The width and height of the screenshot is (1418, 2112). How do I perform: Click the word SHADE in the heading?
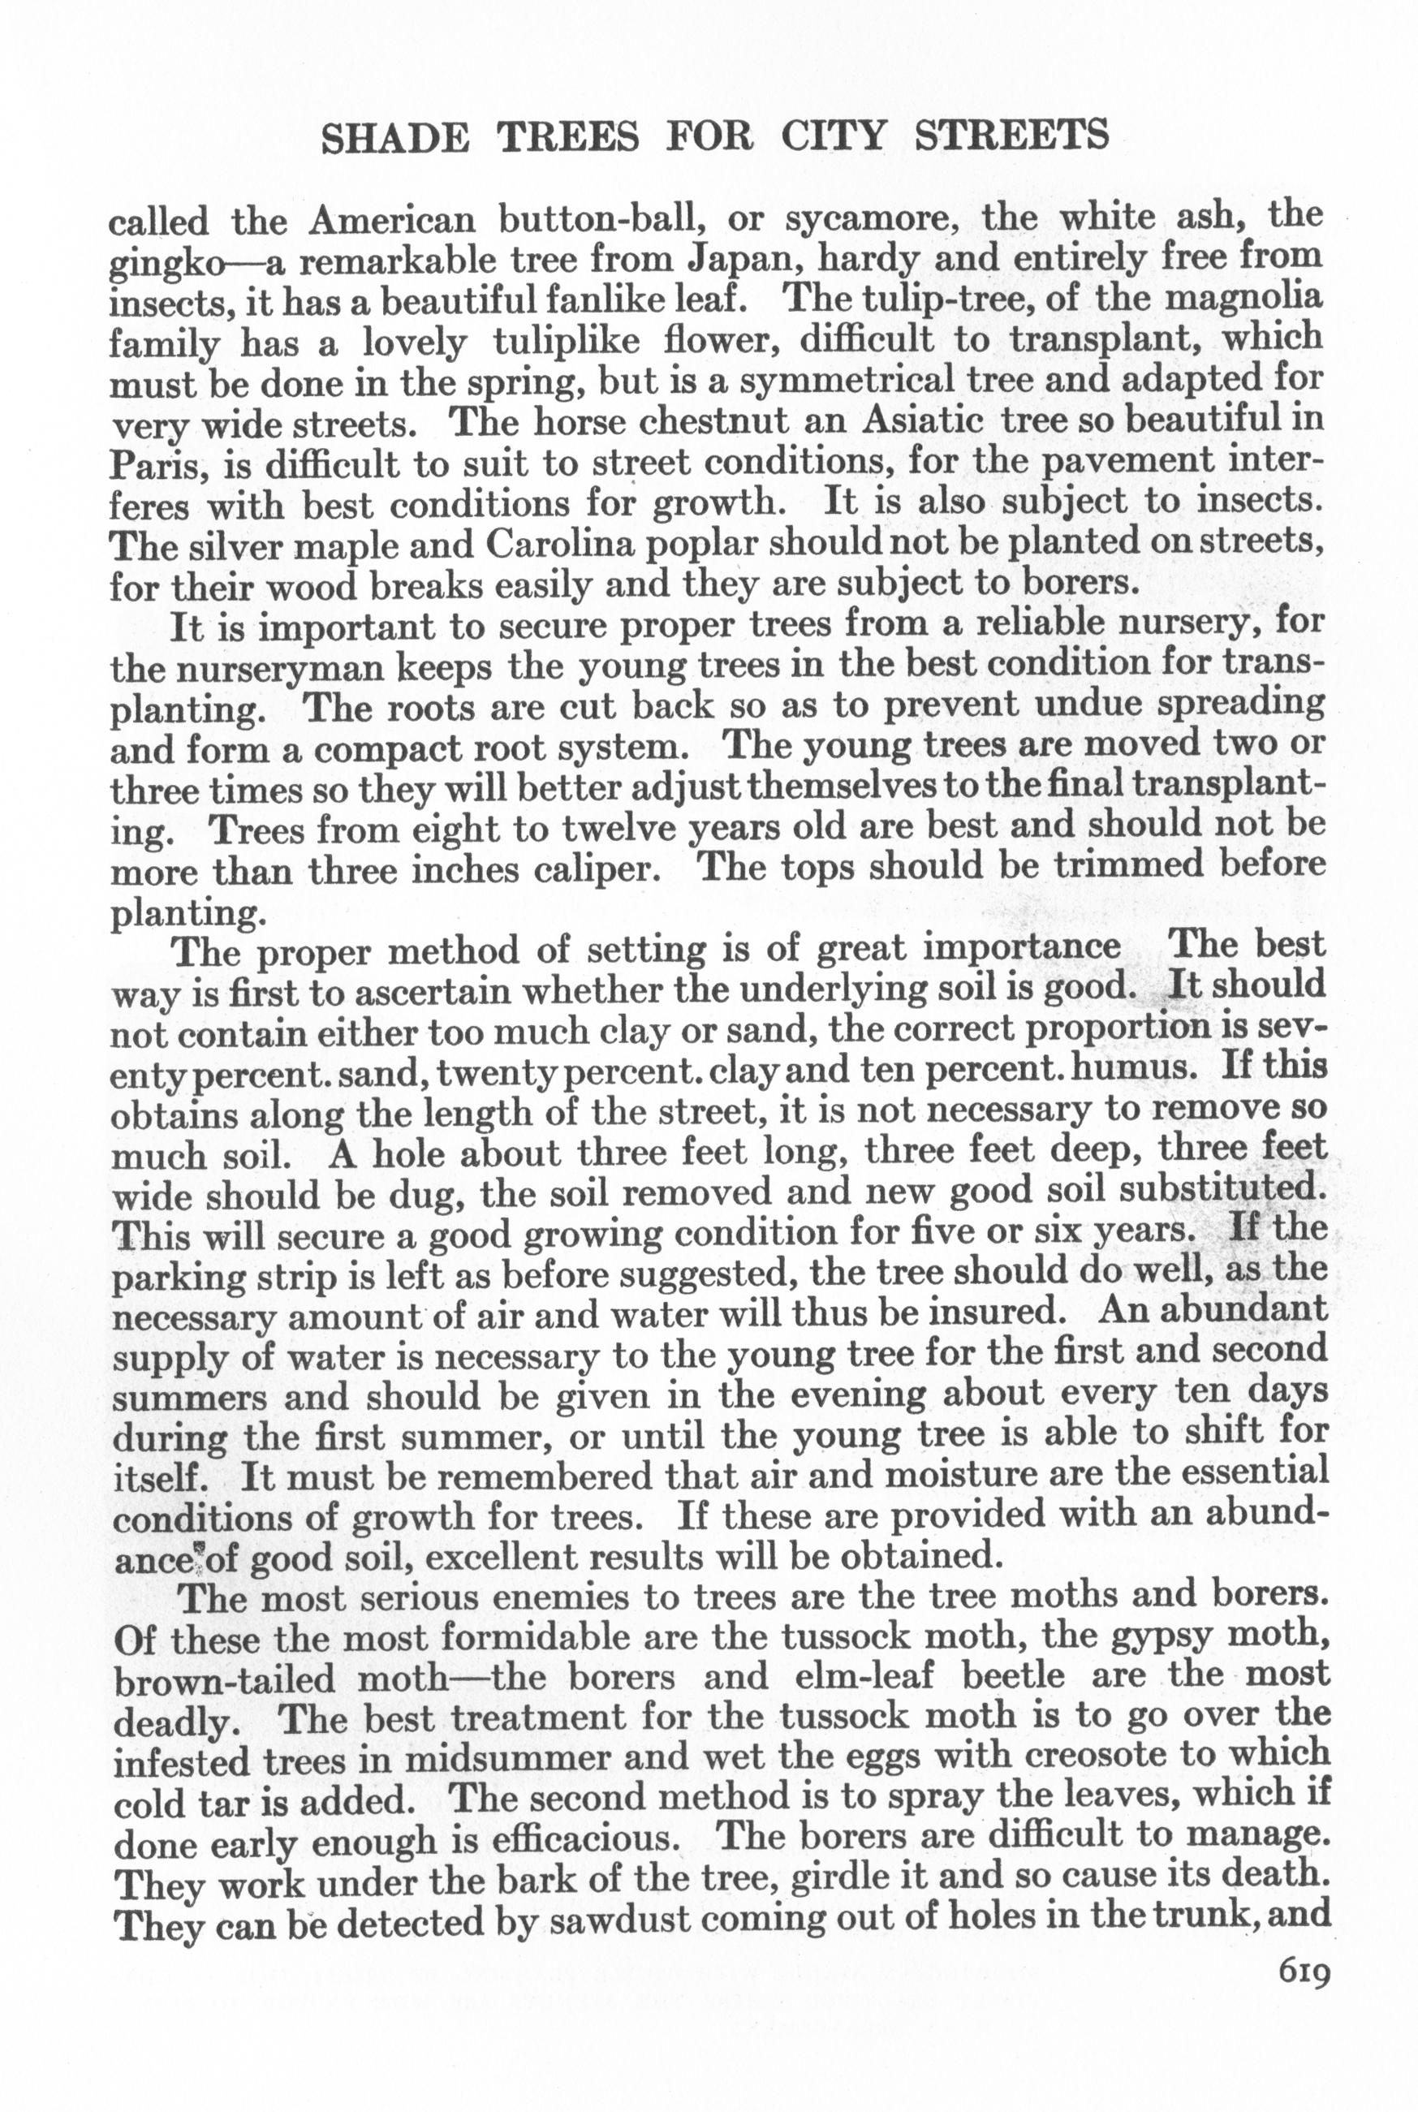[395, 137]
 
